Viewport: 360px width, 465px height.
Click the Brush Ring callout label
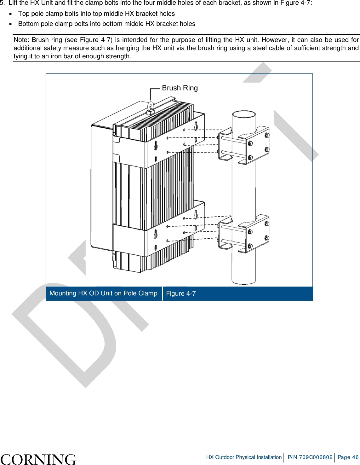pos(180,88)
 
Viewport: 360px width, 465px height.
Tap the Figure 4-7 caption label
pos(181,294)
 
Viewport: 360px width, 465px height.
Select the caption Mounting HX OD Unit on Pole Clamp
pos(103,293)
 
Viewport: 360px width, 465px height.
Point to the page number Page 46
pos(348,457)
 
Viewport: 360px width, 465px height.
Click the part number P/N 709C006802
pos(310,457)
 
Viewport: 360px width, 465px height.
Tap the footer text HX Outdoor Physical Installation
pos(244,457)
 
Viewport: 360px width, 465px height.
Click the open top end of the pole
pos(244,114)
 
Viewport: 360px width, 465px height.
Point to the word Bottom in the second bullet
pos(28,24)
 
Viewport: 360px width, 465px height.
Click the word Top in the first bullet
pos(24,14)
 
